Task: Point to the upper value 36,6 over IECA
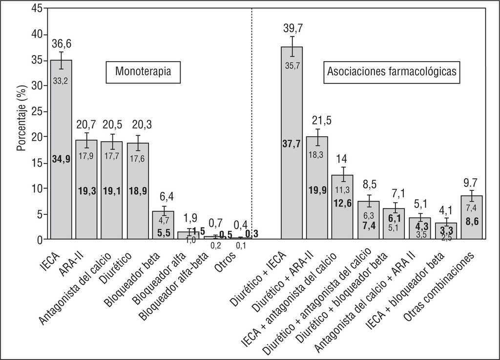[x=62, y=44]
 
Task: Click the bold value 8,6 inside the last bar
[x=471, y=221]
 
